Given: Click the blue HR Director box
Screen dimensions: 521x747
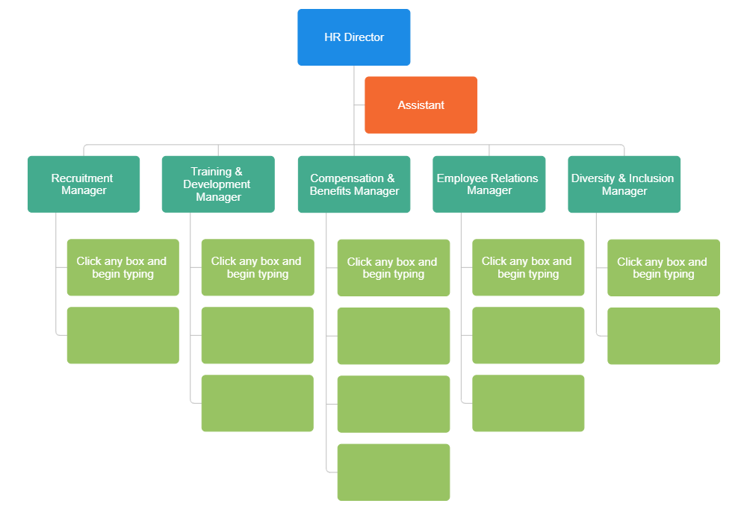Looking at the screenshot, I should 353,37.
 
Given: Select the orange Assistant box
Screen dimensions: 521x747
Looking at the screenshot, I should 421,105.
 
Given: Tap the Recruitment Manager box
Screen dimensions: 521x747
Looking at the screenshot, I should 84,184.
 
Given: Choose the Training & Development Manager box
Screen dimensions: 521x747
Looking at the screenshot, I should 218,184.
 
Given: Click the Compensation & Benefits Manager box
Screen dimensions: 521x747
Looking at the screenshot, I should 353,184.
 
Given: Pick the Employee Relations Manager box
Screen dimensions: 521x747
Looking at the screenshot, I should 489,184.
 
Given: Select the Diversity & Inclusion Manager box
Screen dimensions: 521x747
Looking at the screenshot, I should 624,184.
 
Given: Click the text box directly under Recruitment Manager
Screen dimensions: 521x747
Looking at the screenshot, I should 123,267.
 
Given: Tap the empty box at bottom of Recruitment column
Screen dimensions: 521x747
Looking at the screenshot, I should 123,335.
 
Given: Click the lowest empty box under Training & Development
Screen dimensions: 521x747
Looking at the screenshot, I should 257,403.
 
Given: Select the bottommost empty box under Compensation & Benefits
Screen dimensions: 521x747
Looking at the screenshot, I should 393,472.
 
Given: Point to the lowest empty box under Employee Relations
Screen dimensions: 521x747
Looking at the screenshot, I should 528,403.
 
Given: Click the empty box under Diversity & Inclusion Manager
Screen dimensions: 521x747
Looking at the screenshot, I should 663,336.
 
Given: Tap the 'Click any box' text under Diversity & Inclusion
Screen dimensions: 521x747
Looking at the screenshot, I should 662,268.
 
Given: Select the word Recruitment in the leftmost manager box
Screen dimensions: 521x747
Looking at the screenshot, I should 82,178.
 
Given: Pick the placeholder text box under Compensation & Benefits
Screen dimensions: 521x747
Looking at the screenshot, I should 393,268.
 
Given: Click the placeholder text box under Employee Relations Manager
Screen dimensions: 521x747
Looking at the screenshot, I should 528,267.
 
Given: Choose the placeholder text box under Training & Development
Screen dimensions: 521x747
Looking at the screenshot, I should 257,267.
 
